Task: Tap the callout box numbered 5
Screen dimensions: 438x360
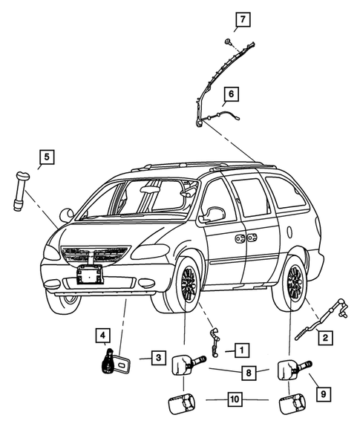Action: (46, 157)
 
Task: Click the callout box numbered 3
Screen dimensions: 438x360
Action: (157, 358)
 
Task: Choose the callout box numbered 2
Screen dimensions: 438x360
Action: (324, 338)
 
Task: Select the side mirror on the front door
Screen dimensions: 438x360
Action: (214, 215)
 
